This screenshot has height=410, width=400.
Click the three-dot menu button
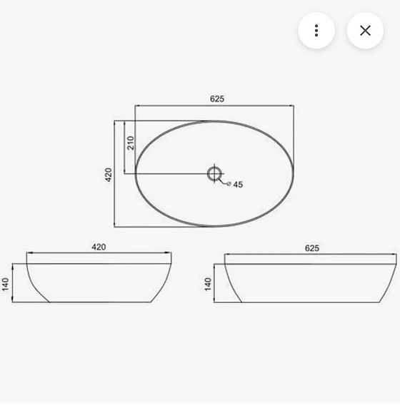(316, 31)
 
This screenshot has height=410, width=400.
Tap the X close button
(365, 31)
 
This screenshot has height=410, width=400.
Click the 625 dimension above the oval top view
(217, 99)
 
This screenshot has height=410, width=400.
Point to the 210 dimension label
(130, 143)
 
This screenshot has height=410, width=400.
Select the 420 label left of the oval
(109, 174)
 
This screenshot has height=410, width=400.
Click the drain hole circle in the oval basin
(214, 173)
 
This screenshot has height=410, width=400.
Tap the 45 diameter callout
(238, 185)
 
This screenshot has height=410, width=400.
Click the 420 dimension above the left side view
(99, 247)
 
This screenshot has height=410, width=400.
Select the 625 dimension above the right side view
(311, 248)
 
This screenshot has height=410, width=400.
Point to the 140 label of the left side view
(6, 285)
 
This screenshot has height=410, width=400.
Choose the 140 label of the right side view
(208, 285)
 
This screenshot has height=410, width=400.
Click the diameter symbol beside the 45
(229, 184)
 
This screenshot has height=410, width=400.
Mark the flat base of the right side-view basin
(314, 302)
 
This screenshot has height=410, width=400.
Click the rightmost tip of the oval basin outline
(294, 174)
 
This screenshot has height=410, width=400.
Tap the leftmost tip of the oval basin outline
(136, 174)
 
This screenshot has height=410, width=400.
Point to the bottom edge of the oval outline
(214, 226)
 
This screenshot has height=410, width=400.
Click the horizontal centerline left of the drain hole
(171, 173)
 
